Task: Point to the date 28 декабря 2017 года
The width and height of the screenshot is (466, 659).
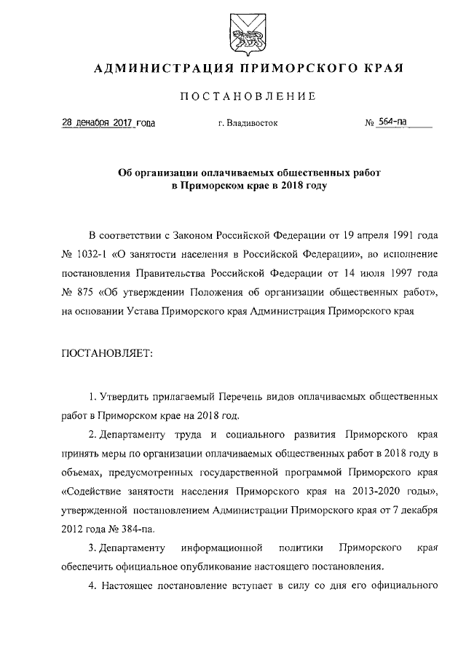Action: pyautogui.click(x=108, y=124)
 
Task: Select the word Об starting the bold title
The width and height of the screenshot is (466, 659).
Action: pyautogui.click(x=125, y=174)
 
